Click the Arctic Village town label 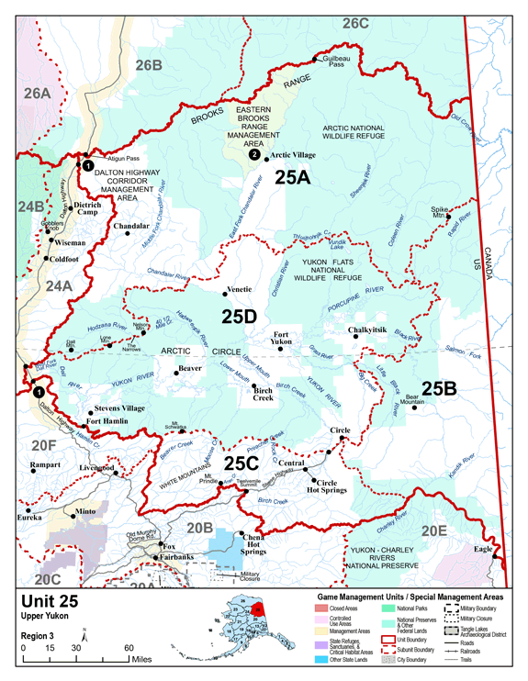click(295, 156)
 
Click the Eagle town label click(483, 549)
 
